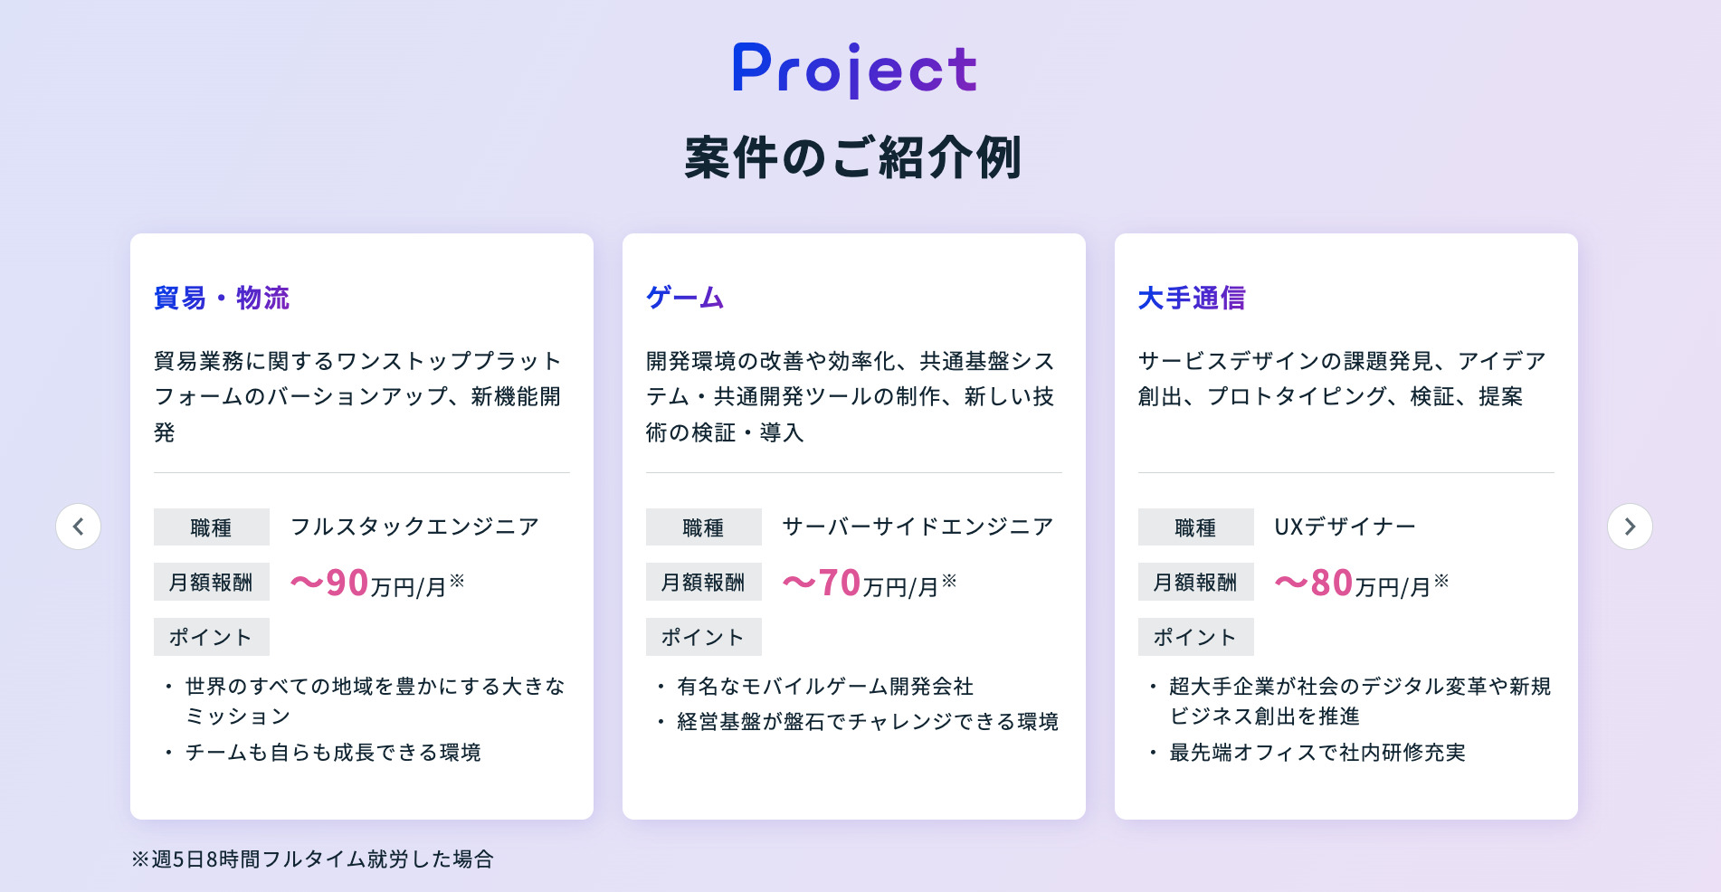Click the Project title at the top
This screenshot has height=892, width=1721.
pyautogui.click(x=854, y=69)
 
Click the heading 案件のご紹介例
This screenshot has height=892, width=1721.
pyautogui.click(x=853, y=158)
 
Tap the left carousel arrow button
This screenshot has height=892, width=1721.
pyautogui.click(x=79, y=527)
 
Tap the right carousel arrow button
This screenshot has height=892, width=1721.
pyautogui.click(x=1630, y=527)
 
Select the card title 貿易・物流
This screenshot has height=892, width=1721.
pyautogui.click(x=222, y=298)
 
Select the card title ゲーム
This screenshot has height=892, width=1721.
pyautogui.click(x=685, y=298)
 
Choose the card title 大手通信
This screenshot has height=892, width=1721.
pyautogui.click(x=1192, y=298)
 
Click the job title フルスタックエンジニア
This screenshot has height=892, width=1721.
pyautogui.click(x=414, y=527)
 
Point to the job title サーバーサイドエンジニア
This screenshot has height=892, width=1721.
pyautogui.click(x=918, y=527)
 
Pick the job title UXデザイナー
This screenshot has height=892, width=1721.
pyautogui.click(x=1345, y=527)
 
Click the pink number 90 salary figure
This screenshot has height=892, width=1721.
pyautogui.click(x=347, y=584)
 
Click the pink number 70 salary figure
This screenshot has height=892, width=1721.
pyautogui.click(x=839, y=584)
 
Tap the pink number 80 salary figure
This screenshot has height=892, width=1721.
pyautogui.click(x=1331, y=584)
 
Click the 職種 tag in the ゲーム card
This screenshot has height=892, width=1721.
pyautogui.click(x=703, y=527)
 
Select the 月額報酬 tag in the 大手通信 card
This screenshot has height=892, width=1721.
pyautogui.click(x=1195, y=583)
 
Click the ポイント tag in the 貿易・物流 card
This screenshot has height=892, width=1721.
pyautogui.click(x=211, y=637)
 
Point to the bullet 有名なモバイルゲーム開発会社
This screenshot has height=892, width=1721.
pyautogui.click(x=825, y=687)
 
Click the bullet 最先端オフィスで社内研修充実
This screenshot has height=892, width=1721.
pyautogui.click(x=1317, y=753)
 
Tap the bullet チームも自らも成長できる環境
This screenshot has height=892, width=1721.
pyautogui.click(x=333, y=753)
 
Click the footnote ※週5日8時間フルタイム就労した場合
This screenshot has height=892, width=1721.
pyautogui.click(x=312, y=859)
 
